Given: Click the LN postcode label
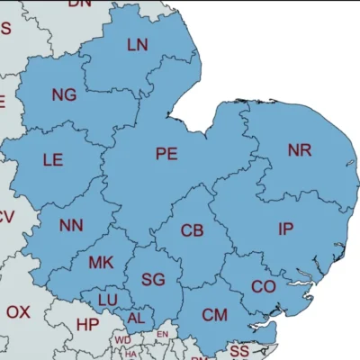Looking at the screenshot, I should coord(138,44).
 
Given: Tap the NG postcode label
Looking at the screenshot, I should coord(64,94).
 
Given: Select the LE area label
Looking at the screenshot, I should coord(53,160).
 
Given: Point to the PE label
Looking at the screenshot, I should coord(166,154).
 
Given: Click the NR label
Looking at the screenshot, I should coord(300,149).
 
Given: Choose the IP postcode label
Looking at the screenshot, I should coord(285,229).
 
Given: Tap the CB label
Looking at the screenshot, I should coord(192,231).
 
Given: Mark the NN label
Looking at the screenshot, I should coord(71,225).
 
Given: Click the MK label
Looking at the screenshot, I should coord(101,263).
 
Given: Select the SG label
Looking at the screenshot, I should coord(153,280).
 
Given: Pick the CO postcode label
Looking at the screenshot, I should coord(263,286).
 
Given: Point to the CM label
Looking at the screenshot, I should coord(214,314).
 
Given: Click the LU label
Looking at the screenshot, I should coord(108,299).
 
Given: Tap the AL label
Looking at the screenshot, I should coord(136,318).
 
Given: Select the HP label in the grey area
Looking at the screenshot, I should coord(88,324).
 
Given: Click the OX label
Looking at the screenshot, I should coord(18,312).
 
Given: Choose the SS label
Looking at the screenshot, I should coord(239,350).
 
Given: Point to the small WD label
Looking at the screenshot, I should coord(122,340).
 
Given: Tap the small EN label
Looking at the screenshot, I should coord(162,335).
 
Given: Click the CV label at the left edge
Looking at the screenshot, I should coord(6,216).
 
